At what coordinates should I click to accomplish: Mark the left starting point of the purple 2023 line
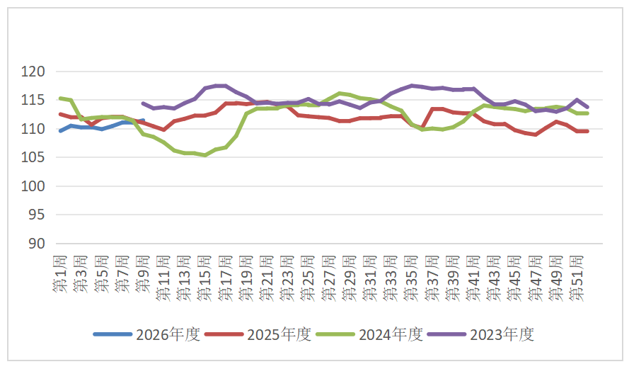(x=143, y=103)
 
